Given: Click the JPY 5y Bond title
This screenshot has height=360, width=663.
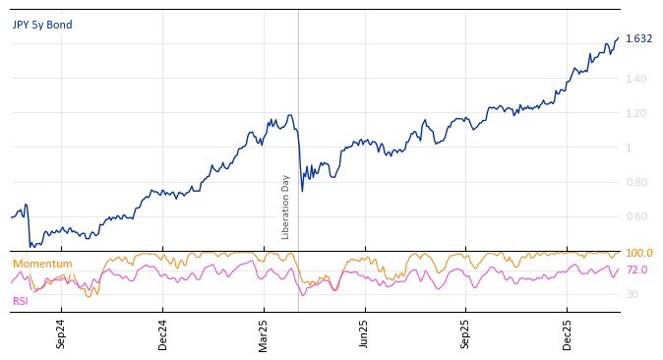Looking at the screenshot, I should click(x=42, y=25).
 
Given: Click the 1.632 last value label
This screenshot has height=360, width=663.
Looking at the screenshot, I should click(x=638, y=39).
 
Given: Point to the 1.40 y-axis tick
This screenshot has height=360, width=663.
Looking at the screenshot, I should click(x=636, y=79).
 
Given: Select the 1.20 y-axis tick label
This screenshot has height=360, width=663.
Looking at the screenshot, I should click(x=636, y=113).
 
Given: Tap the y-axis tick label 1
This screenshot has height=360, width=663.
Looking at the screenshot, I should click(x=629, y=148).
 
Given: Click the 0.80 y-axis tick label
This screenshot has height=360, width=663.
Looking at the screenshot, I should click(x=636, y=182).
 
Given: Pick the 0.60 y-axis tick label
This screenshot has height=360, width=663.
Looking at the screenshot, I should click(x=636, y=216).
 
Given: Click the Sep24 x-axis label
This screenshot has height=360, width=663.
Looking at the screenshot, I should click(x=61, y=333).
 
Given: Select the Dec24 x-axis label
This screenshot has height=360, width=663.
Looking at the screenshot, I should click(x=163, y=333).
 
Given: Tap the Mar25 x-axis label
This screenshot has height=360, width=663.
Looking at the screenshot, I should click(x=264, y=333).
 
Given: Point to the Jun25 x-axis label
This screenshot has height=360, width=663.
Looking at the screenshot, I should click(x=364, y=333).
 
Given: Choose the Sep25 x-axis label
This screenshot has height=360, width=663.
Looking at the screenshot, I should click(x=465, y=333).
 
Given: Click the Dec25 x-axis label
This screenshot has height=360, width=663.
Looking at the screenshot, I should click(x=567, y=333).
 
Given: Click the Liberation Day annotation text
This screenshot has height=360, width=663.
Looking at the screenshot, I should click(x=286, y=207).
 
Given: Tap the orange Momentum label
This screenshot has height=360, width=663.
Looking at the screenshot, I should click(x=42, y=264).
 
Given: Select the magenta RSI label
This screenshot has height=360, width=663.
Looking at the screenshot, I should click(x=20, y=301).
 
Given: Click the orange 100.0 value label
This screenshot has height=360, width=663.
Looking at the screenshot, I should click(x=638, y=254).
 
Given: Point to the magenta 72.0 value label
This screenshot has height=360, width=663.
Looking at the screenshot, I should click(x=636, y=270).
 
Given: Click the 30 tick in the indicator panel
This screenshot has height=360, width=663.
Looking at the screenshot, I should click(x=632, y=294).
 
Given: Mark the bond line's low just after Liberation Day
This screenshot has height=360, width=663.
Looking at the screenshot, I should click(x=302, y=191).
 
